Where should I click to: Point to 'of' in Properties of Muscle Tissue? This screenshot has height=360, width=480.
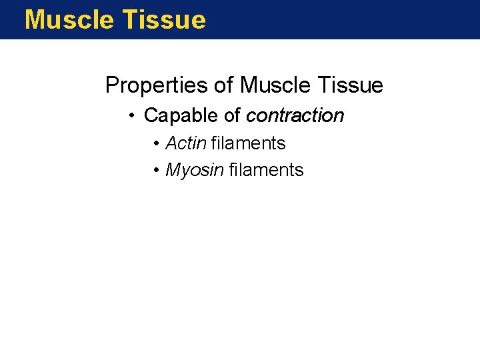224,86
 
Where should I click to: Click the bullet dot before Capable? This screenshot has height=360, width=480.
133,116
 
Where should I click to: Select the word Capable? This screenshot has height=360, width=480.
181,116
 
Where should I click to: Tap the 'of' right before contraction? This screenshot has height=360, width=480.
232,116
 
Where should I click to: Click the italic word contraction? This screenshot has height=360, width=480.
295,116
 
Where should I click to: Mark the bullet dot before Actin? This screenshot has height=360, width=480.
155,144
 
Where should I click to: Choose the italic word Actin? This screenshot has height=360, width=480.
186,143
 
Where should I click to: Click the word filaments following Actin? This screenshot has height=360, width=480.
248,143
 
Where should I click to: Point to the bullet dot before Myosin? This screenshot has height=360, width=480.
155,171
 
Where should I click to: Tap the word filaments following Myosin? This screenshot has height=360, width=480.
266,171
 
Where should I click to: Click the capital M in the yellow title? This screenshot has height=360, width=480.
35,20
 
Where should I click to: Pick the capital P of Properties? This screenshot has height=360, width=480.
112,86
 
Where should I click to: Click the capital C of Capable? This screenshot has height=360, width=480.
151,116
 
